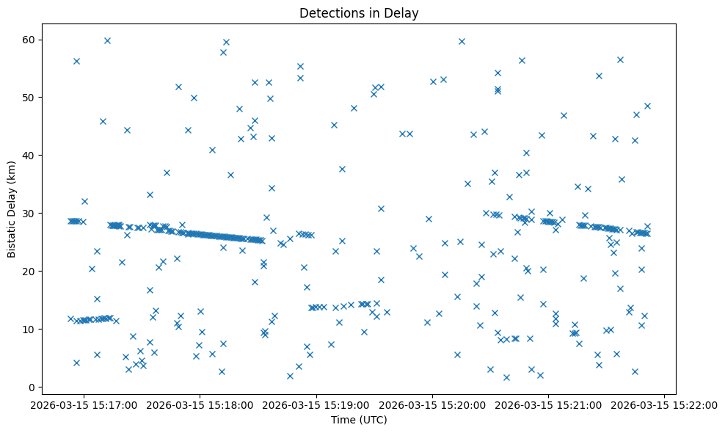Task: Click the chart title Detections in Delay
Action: coord(359,13)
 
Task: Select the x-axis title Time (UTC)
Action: coord(359,420)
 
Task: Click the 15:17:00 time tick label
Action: coord(85,405)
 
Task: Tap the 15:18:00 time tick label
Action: coord(201,405)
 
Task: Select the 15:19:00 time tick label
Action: coord(317,405)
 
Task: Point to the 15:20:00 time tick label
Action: coord(433,405)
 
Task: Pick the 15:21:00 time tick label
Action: coord(549,405)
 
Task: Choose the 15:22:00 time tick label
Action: coord(665,405)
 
